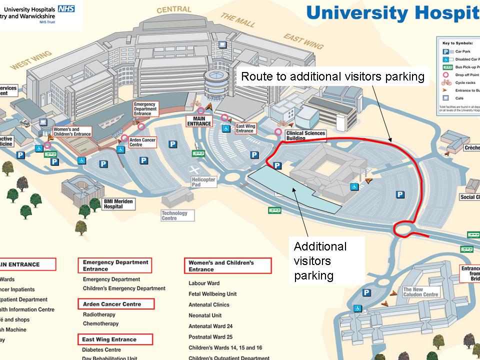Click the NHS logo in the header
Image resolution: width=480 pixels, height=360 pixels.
[67, 8]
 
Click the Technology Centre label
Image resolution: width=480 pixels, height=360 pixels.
[174, 215]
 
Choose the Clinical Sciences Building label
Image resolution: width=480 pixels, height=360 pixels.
[305, 135]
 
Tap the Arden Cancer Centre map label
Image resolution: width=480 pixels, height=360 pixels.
[142, 142]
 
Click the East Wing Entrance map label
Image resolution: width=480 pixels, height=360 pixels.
[245, 129]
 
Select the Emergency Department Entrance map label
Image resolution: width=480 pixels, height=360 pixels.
[145, 108]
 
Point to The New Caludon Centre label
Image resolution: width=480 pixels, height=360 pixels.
[420, 292]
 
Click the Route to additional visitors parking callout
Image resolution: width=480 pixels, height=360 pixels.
[332, 76]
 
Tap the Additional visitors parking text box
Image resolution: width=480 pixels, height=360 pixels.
[320, 260]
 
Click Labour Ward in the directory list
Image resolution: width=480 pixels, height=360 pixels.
[204, 283]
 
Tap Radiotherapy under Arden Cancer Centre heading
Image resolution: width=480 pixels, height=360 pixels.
[99, 314]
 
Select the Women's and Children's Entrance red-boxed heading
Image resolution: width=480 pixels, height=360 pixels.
[228, 266]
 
